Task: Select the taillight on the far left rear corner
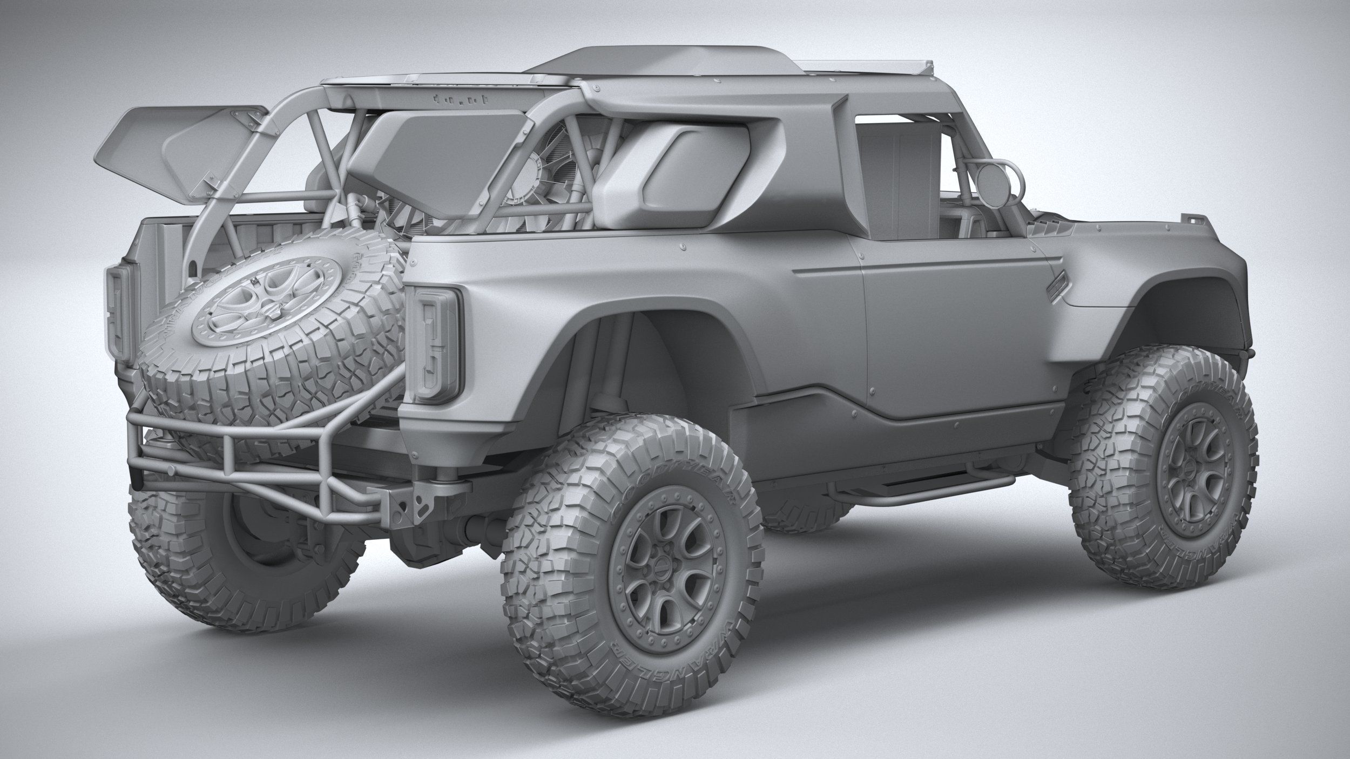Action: click(120, 313)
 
